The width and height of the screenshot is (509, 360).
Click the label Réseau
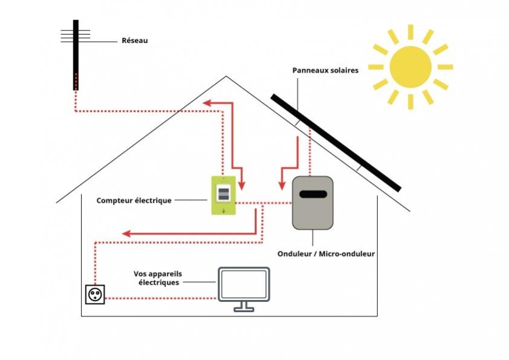pos(134,41)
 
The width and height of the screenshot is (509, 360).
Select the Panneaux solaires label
pos(325,70)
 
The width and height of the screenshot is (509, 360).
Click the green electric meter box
pos(223,195)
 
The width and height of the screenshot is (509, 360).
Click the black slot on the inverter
pos(312,194)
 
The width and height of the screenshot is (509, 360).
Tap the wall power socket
pos(95,295)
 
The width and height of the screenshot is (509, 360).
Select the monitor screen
pos(244,284)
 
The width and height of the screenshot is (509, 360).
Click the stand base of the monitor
pos(244,309)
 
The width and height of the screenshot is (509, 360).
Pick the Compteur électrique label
pos(134,200)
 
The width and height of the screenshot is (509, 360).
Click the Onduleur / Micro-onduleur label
pos(326,254)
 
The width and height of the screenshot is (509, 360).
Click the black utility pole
pos(76,54)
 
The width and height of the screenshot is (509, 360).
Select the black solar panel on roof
pos(336,142)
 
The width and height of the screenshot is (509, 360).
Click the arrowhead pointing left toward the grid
pos(207,103)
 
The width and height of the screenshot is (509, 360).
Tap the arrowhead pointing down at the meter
pos(242,182)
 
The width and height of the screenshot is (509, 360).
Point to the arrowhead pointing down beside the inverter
pos(280,183)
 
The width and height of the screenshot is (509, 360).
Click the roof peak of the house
pos(226,77)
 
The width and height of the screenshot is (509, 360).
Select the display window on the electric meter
pos(223,194)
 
